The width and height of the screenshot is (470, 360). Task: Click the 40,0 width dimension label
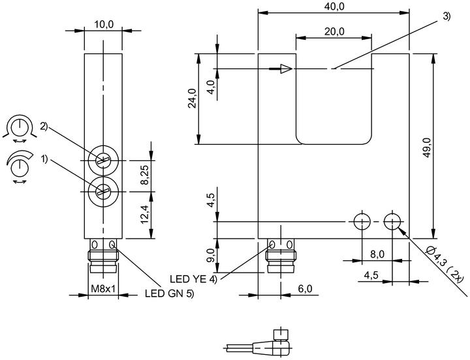coord(334,7)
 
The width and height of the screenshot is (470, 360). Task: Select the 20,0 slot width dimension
coord(334,31)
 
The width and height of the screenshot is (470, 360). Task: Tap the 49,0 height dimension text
coord(427,147)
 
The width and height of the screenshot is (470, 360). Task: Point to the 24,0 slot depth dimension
coord(192,98)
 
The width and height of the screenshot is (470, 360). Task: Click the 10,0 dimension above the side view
coord(104,25)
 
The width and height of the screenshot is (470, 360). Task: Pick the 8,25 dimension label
coord(146,176)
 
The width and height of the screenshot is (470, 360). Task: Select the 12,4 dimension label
coord(146,215)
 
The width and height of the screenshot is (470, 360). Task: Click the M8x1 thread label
coord(103,289)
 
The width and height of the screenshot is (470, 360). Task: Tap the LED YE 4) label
coord(193,279)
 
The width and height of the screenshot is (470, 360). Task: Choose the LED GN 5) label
coord(170,293)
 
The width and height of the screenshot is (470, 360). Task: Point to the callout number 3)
coord(446,16)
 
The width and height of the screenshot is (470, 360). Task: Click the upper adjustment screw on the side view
coord(103,160)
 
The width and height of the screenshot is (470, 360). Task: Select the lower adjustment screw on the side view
coord(103,192)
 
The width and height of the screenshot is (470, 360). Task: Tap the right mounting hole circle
coord(392,222)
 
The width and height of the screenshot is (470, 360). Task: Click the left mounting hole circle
coord(362,222)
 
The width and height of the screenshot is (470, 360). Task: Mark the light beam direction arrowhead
coord(287,69)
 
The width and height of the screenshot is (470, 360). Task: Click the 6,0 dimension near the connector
coord(305,289)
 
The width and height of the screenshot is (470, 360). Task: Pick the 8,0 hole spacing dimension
coord(377,254)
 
